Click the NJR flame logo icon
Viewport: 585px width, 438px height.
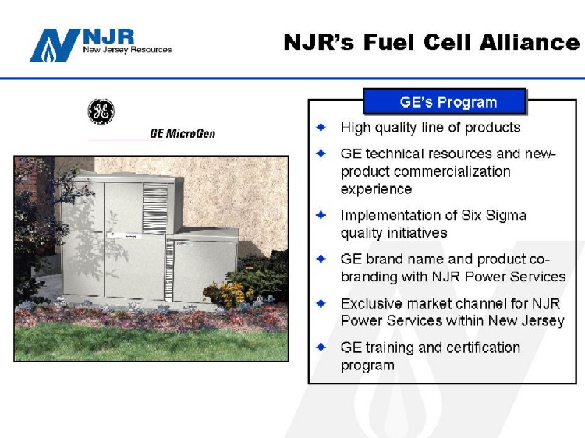click(x=55, y=45)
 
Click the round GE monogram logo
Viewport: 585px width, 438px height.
click(x=101, y=111)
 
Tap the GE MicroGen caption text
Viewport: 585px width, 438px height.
click(x=183, y=133)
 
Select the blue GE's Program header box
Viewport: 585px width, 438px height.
click(x=445, y=101)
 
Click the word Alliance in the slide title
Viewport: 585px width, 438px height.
click(x=530, y=42)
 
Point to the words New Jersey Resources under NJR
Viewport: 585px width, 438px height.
click(x=127, y=50)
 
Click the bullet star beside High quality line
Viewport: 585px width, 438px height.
click(x=321, y=128)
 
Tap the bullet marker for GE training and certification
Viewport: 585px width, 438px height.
click(x=321, y=348)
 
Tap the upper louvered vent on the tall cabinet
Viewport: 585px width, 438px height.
click(x=155, y=208)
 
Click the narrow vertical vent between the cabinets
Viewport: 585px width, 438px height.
click(x=169, y=270)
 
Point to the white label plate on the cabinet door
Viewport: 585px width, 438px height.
click(x=122, y=235)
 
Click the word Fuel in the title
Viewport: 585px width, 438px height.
click(x=388, y=42)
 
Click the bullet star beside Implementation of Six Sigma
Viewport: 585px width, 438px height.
click(x=321, y=215)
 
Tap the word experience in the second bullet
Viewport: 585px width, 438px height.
click(x=376, y=189)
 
